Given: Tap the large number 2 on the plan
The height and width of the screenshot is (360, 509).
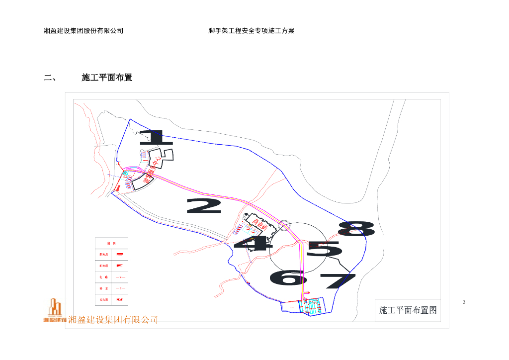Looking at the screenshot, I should tap(204, 205).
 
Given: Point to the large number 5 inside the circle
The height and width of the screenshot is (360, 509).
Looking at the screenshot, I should tap(324, 249).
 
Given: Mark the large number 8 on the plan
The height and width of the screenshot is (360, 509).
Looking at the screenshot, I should tap(357, 229).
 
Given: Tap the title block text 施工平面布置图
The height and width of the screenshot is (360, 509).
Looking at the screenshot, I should tap(408, 310).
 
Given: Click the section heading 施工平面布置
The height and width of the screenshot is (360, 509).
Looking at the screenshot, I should tap(107, 78).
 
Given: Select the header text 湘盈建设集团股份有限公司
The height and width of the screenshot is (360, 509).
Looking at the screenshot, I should tap(84, 31).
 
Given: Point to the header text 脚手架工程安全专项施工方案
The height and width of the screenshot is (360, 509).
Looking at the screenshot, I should tap(251, 31).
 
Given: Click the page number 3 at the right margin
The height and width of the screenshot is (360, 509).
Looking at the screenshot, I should tap(464, 302).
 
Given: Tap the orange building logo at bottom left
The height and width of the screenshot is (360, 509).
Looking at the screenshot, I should tap(54, 311).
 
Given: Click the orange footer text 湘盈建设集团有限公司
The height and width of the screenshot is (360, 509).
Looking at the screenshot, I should tap(113, 320).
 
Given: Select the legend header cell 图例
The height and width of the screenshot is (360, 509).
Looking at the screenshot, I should tap(111, 243).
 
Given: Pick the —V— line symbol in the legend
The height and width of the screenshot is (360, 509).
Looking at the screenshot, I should tap(120, 276).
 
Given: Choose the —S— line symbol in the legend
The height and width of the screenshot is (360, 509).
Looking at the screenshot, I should tap(120, 288).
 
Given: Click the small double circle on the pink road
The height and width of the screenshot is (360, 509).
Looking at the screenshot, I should tap(284, 225).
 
